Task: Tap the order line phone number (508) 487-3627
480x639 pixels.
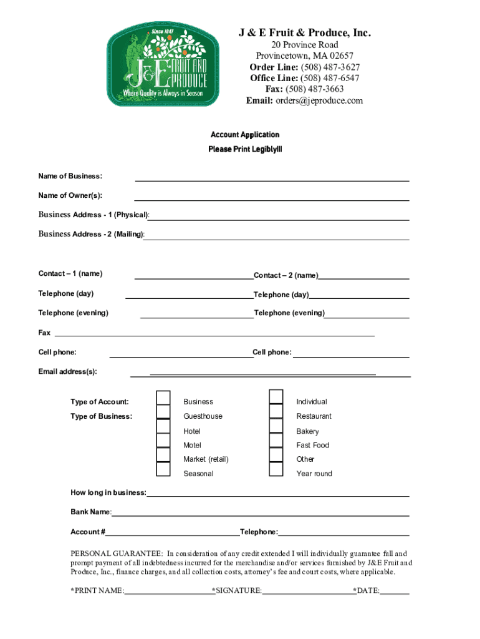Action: [330, 67]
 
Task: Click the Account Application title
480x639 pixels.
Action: [245, 135]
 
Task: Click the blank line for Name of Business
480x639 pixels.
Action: [272, 177]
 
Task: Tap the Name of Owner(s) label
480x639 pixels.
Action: [70, 195]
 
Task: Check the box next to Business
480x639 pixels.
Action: [163, 398]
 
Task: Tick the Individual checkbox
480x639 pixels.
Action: [276, 397]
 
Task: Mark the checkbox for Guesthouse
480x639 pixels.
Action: [163, 412]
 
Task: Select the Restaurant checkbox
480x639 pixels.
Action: [276, 412]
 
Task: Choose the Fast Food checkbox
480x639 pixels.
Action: [276, 441]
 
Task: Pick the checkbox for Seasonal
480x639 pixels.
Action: [163, 469]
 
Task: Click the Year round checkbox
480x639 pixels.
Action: [276, 469]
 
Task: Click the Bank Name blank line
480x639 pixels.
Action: [260, 513]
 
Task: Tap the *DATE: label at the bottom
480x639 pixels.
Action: [367, 590]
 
